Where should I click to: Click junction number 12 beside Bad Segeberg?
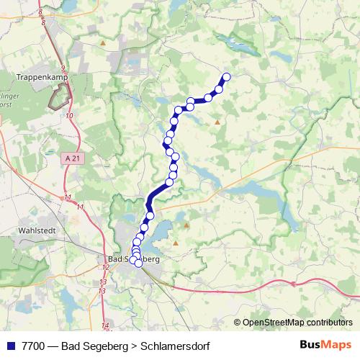tap(105, 267)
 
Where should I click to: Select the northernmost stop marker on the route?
tap(226, 76)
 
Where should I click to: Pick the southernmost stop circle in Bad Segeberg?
tap(138, 263)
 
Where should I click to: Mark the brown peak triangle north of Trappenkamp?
tap(104, 42)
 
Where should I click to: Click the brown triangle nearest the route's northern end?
tap(217, 122)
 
